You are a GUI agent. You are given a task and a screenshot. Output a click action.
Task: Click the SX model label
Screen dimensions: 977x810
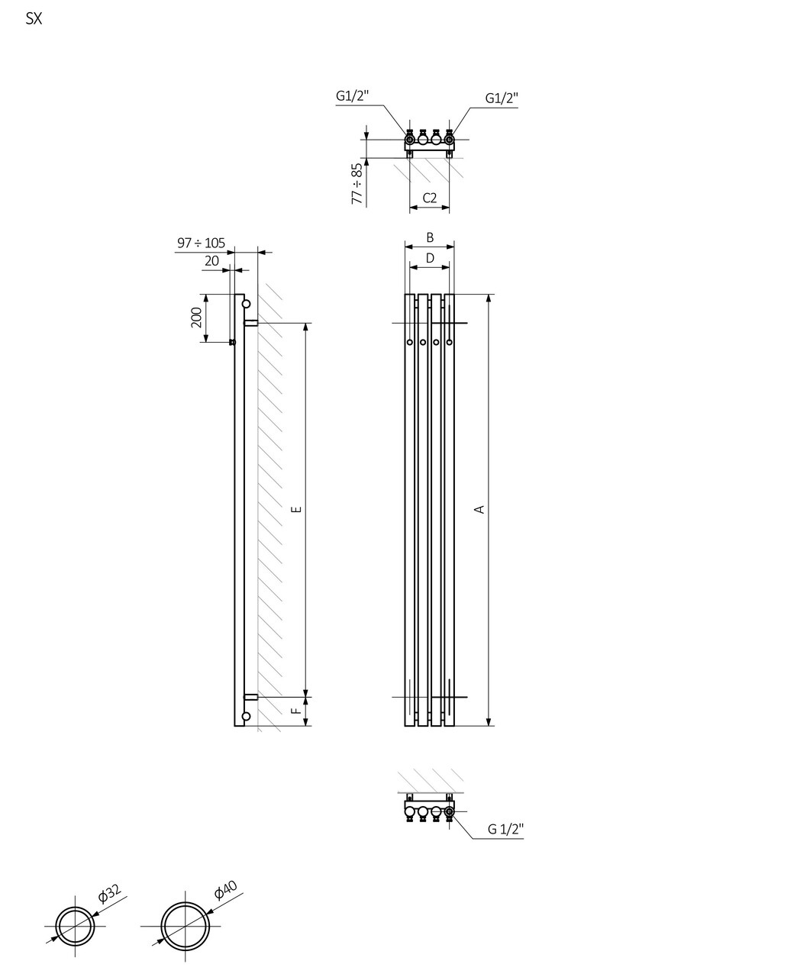(34, 20)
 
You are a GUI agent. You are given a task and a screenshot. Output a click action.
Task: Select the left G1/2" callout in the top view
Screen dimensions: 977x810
(352, 96)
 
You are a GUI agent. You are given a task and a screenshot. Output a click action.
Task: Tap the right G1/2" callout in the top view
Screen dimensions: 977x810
(502, 98)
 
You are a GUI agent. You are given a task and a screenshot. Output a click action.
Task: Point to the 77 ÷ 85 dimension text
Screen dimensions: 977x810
(357, 182)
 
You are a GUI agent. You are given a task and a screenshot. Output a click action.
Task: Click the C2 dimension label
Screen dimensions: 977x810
(429, 198)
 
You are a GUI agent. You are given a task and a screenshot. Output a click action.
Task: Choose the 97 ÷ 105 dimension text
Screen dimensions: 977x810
(201, 243)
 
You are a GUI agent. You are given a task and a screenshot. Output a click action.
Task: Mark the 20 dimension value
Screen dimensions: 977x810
(211, 261)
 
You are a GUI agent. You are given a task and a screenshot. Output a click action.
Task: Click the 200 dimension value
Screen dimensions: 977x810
(196, 318)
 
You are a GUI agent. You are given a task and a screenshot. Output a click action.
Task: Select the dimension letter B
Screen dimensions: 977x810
(430, 238)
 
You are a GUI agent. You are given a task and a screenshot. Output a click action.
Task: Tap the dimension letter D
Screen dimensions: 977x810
(430, 259)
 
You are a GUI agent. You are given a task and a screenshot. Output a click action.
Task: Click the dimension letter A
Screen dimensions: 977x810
(479, 509)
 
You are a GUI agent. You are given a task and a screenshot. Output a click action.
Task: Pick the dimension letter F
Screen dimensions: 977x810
(297, 711)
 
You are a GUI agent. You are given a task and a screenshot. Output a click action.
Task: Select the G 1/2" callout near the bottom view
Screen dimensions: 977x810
(505, 830)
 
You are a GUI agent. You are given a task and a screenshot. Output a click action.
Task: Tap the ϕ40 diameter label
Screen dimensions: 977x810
(226, 890)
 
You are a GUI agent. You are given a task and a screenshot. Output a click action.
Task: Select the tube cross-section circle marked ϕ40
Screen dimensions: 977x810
(185, 925)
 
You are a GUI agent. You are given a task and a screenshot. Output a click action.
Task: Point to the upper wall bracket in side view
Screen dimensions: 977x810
(250, 323)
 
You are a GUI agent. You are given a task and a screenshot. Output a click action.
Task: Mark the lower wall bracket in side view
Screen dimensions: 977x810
(250, 697)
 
